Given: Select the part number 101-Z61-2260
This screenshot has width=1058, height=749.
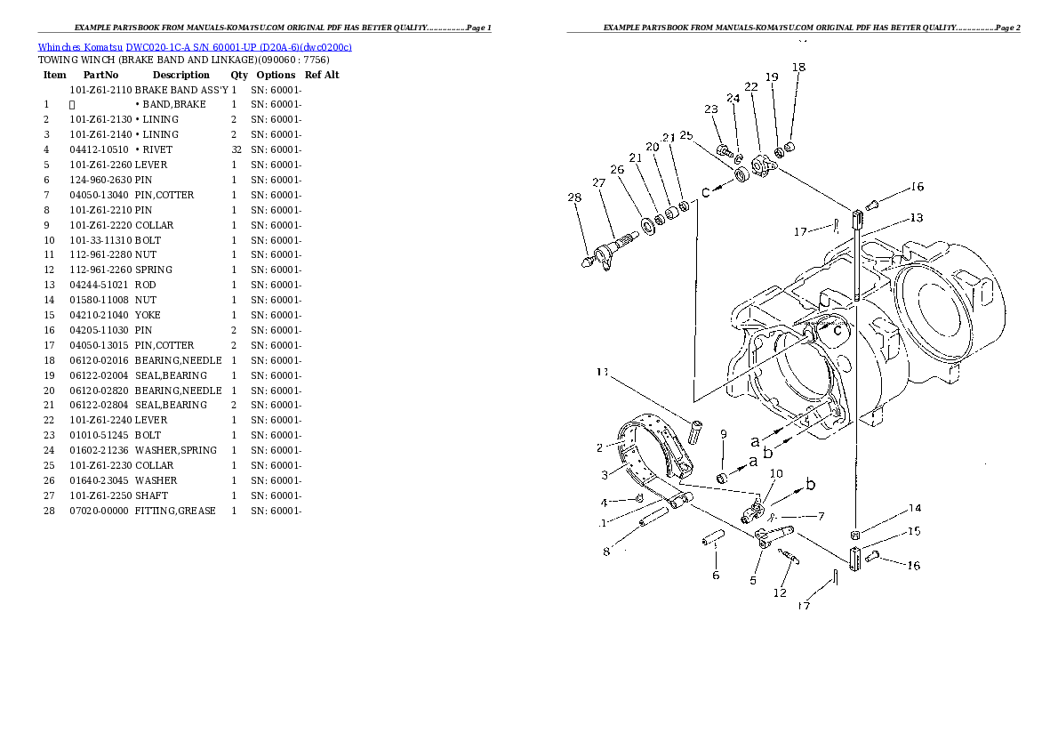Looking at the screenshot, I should click(100, 165).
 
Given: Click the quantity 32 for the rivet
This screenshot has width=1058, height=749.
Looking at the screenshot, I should click(236, 149).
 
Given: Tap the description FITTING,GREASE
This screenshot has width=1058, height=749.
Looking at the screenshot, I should click(175, 511).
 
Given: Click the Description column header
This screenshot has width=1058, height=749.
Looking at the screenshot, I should click(180, 75).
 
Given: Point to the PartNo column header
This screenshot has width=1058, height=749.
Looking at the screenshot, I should click(100, 75).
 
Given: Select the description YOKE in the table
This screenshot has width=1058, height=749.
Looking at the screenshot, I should click(149, 315).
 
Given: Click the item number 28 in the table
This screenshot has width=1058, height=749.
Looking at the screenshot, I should click(49, 511).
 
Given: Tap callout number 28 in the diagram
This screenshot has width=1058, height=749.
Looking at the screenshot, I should click(574, 197).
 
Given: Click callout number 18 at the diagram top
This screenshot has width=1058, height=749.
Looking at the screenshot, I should click(798, 68).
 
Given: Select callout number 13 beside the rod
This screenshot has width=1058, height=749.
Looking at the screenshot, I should click(916, 218).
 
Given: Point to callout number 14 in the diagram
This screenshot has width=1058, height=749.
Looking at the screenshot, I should click(914, 509).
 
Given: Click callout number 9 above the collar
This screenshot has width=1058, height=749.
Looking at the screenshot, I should click(724, 434).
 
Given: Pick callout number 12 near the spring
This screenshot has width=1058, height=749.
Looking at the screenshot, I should click(780, 592).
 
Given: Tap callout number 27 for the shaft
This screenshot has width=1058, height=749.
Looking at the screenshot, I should click(598, 183).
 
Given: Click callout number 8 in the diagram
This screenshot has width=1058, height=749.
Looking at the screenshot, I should click(606, 552).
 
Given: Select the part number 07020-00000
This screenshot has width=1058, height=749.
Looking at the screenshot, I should click(99, 511).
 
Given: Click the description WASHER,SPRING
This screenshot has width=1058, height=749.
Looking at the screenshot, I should click(175, 450).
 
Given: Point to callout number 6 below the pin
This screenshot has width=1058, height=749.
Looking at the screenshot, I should click(716, 576).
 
